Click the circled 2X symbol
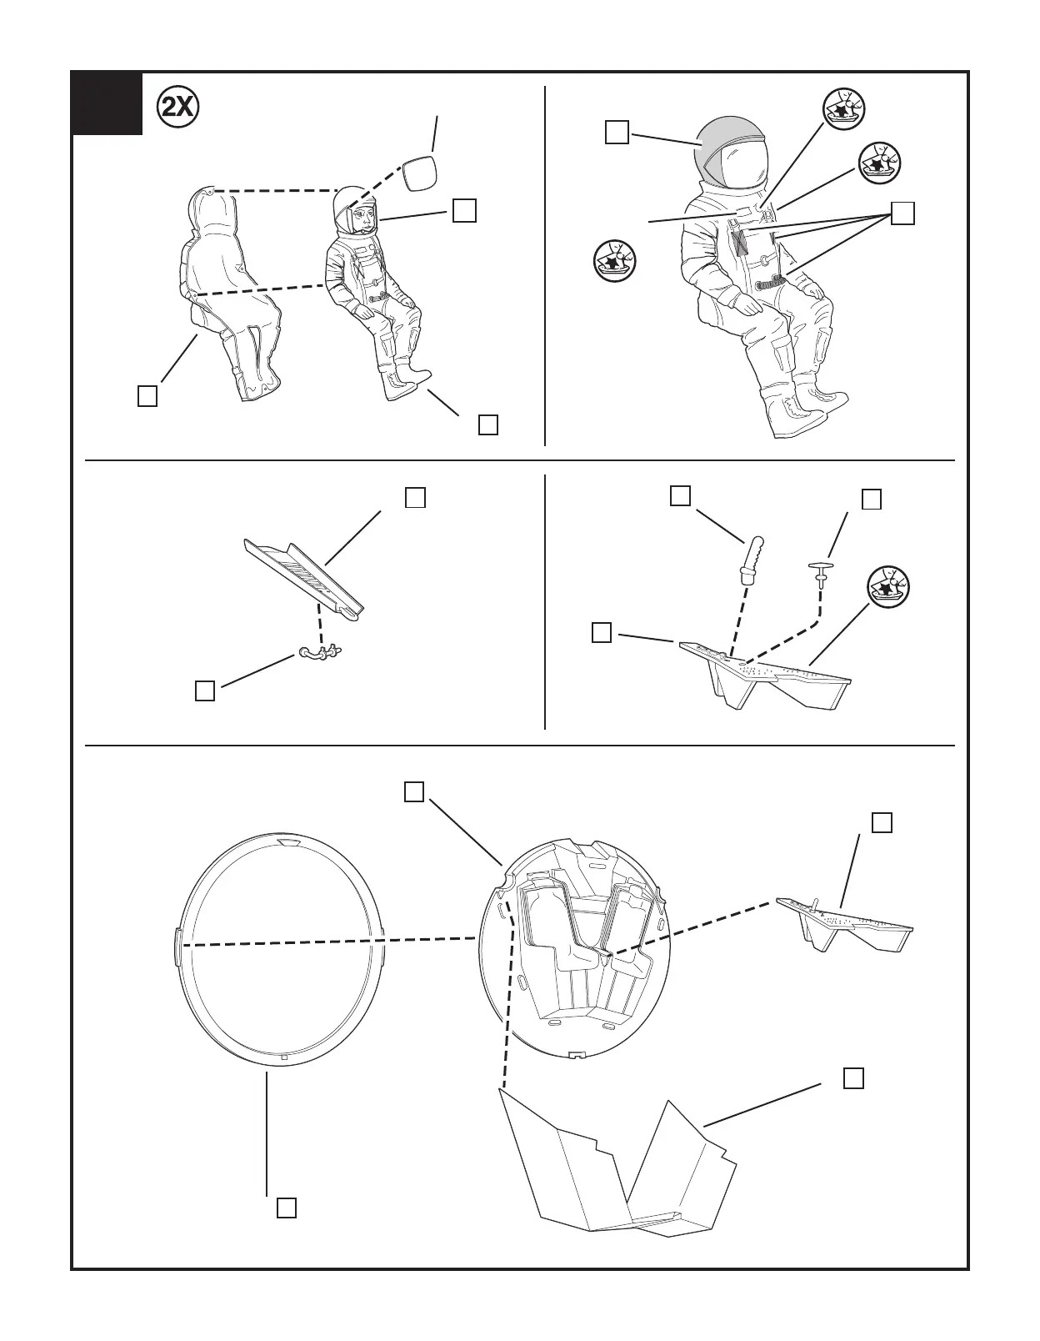click(x=177, y=107)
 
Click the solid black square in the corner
click(x=107, y=103)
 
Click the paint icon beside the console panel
click(x=887, y=587)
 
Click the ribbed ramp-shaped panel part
click(x=304, y=575)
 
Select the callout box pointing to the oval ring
click(x=287, y=1208)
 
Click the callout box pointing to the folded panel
click(x=852, y=1078)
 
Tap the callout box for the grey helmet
click(x=617, y=133)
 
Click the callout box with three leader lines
click(x=902, y=213)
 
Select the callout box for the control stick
click(x=680, y=495)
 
